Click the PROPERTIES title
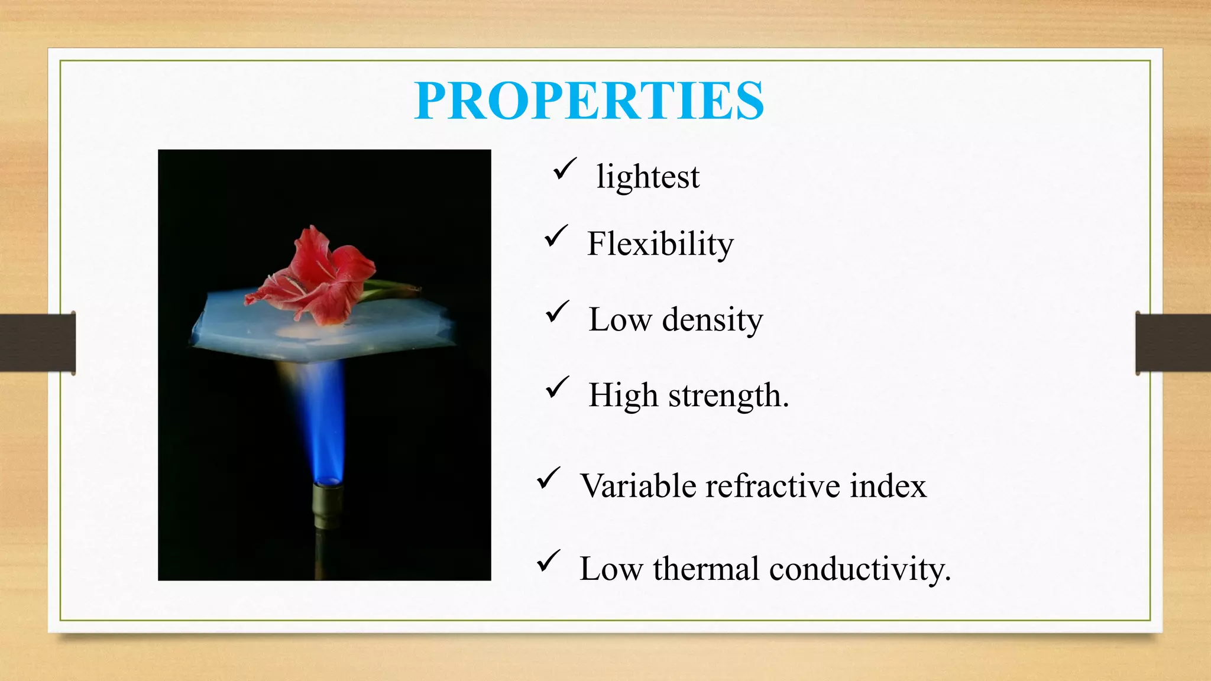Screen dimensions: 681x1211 point(589,100)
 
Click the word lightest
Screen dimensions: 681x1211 point(647,177)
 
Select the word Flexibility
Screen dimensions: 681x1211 point(660,244)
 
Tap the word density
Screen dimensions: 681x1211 point(712,320)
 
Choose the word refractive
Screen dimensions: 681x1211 point(772,486)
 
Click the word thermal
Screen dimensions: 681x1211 point(706,569)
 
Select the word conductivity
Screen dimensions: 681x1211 point(860,569)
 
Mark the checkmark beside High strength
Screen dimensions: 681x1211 point(557,388)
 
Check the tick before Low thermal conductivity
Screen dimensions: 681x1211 point(548,562)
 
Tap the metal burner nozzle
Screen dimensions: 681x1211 point(327,505)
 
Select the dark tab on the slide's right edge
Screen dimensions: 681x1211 point(1173,343)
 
